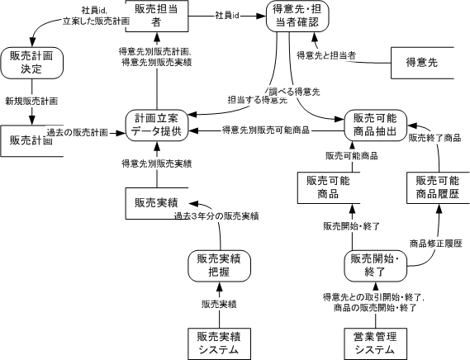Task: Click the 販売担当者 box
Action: click(x=157, y=16)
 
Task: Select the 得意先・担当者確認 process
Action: click(x=297, y=16)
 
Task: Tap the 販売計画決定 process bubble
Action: click(x=31, y=63)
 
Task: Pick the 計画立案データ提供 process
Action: click(x=157, y=126)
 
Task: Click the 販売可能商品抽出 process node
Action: click(x=375, y=126)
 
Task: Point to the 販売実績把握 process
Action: click(x=219, y=266)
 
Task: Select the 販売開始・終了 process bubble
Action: click(x=375, y=266)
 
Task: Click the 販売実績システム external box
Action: click(x=219, y=343)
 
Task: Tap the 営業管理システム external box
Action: click(x=375, y=343)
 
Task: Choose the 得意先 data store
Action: click(x=422, y=63)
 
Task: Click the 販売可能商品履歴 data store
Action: click(x=438, y=188)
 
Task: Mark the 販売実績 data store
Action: click(x=157, y=203)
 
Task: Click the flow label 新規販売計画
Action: click(x=31, y=102)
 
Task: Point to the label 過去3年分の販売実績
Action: click(x=216, y=216)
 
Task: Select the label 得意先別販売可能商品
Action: click(x=266, y=130)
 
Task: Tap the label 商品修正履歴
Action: click(x=436, y=244)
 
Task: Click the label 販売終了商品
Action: click(x=434, y=138)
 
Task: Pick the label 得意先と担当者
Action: click(x=326, y=55)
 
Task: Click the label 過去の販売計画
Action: click(x=78, y=132)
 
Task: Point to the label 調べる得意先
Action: click(x=294, y=92)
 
